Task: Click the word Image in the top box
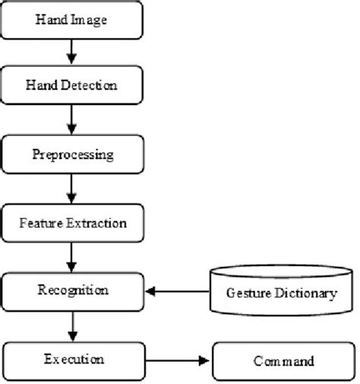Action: (x=89, y=21)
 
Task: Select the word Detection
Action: (x=89, y=85)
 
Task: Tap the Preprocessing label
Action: (x=73, y=154)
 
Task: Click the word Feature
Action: (x=41, y=224)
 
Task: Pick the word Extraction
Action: (x=96, y=224)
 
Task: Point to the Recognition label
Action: (x=73, y=290)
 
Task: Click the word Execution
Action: (x=74, y=359)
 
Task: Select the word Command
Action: (x=284, y=361)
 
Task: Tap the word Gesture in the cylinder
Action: (x=248, y=294)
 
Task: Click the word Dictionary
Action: (x=306, y=294)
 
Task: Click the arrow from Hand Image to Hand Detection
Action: (x=71, y=52)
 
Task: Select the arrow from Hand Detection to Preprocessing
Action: (x=71, y=119)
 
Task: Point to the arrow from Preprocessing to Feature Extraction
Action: (x=71, y=189)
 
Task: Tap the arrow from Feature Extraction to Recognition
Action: (x=71, y=258)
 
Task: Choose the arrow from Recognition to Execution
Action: (x=73, y=326)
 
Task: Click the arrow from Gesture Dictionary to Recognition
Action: (x=178, y=291)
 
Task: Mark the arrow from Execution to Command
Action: (x=177, y=360)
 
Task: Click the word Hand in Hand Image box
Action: (x=52, y=20)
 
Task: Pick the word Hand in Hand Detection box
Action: (x=42, y=85)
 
